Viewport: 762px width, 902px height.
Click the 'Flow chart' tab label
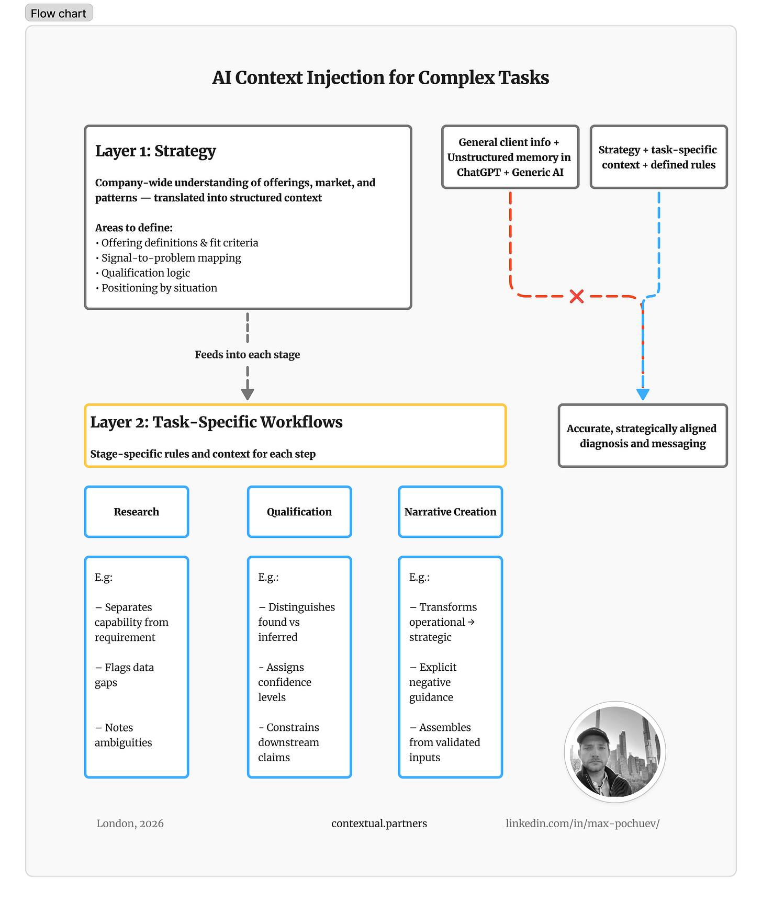tap(58, 14)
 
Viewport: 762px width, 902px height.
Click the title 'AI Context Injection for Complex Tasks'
tap(380, 77)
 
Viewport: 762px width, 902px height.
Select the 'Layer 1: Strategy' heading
tap(155, 151)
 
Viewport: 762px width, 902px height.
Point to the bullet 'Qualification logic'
tap(145, 273)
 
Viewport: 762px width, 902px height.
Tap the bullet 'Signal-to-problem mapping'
tap(171, 258)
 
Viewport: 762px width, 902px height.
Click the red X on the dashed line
tap(576, 297)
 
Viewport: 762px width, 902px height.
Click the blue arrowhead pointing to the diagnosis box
tap(643, 394)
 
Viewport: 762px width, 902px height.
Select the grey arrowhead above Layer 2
tap(248, 394)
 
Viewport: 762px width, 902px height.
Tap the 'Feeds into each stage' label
tap(248, 355)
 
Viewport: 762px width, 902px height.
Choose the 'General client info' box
tap(510, 157)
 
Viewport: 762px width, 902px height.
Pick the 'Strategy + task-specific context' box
tap(658, 157)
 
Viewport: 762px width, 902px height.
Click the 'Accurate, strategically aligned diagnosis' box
tap(643, 436)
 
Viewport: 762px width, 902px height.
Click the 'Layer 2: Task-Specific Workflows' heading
tap(216, 422)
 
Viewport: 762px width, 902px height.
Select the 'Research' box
tap(137, 512)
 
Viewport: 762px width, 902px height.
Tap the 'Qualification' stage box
tap(299, 512)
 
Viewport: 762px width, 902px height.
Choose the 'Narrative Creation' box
tap(450, 512)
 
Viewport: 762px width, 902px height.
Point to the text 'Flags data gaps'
tap(125, 675)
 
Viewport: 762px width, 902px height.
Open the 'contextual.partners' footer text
tap(379, 824)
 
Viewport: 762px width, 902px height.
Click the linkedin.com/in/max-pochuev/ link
tap(582, 824)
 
